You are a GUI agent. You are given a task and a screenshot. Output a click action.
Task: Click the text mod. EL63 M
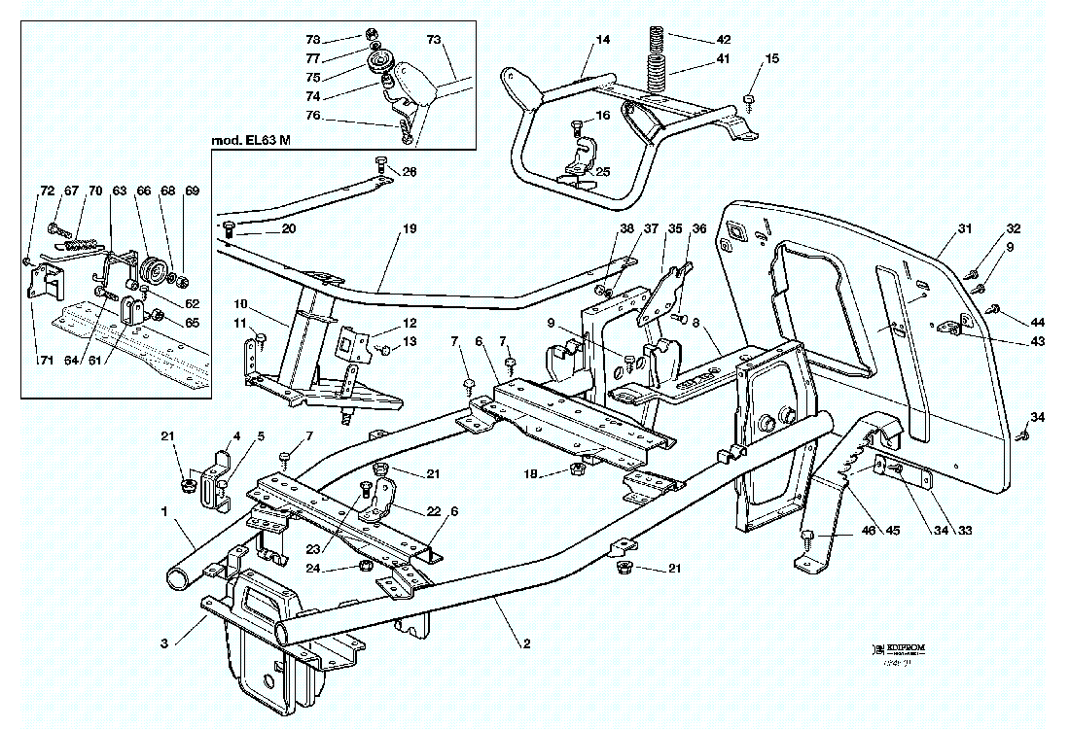[252, 141]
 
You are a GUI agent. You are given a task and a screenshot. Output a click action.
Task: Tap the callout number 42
[723, 40]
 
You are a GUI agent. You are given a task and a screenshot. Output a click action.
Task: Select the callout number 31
[964, 229]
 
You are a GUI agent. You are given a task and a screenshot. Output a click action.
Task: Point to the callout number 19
[410, 229]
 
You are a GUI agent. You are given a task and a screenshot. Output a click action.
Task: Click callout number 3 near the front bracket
[165, 642]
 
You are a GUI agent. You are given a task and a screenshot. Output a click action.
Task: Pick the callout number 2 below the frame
[526, 642]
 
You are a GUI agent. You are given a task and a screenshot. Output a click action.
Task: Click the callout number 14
[603, 41]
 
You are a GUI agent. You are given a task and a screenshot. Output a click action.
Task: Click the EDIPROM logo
[899, 646]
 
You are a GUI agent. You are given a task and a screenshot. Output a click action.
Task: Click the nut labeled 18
[575, 470]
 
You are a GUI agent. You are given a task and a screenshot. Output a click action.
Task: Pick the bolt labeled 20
[230, 226]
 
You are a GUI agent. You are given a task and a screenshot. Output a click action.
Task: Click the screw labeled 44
[993, 309]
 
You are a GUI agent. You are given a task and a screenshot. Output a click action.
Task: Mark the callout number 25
[603, 172]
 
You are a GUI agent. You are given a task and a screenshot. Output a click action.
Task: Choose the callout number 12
[410, 323]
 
